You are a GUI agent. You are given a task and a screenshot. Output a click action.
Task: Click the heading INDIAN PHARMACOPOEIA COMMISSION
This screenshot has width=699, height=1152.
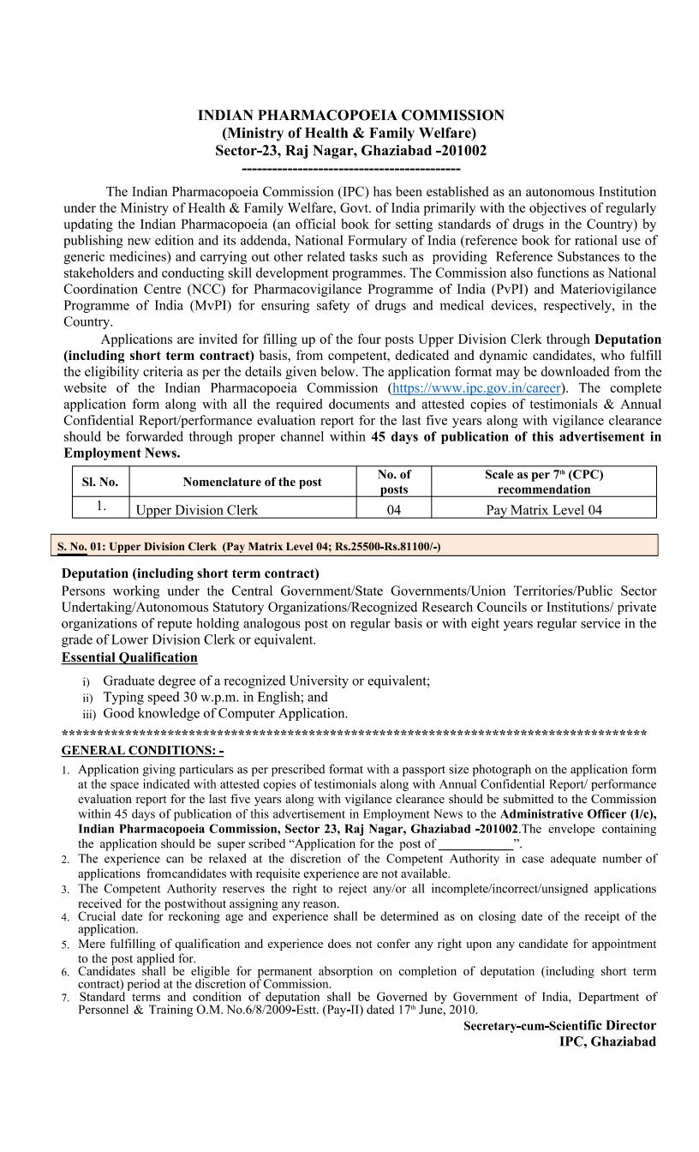350,116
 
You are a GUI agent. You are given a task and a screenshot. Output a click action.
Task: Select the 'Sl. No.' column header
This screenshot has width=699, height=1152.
99,482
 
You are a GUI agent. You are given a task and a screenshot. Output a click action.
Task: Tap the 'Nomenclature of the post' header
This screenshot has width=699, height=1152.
252,482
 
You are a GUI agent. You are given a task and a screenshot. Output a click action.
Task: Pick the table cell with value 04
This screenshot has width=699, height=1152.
393,510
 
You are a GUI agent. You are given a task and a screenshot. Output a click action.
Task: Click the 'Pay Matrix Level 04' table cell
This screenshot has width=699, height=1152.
543,510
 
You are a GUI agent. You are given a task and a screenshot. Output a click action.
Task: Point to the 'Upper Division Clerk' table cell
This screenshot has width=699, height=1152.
197,510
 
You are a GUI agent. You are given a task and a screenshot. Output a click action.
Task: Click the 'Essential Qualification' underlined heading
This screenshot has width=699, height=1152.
129,658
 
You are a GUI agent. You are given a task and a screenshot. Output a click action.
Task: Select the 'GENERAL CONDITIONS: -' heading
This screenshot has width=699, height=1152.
142,751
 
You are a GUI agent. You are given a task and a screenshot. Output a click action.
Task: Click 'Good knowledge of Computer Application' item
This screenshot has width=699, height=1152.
225,713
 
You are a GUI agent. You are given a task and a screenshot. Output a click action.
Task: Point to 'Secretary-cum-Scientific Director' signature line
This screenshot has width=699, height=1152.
559,1026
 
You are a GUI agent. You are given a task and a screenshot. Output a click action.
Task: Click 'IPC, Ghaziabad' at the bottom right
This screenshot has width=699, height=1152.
607,1041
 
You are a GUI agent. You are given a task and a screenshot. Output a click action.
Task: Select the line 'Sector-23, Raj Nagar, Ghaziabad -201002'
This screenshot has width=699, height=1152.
350,151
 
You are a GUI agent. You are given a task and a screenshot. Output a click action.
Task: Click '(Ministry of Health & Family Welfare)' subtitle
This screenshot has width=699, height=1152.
349,133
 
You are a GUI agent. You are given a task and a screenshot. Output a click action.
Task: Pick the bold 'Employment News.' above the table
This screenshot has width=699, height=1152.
122,453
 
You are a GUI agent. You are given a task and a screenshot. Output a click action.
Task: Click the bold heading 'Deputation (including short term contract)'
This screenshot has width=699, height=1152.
190,573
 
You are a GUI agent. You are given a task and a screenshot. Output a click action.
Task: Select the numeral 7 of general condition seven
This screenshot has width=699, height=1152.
65,999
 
